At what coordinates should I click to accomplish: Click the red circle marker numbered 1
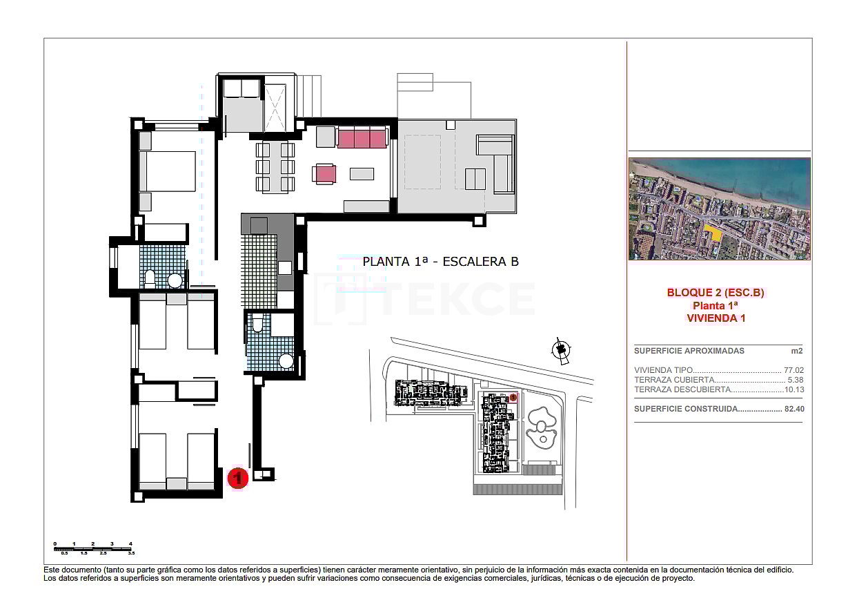(x=238, y=478)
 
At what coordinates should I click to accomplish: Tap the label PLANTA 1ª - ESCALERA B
(x=440, y=262)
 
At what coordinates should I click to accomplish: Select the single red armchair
(x=324, y=173)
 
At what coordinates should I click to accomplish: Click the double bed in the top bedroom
(x=168, y=171)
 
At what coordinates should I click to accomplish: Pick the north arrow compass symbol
(x=562, y=351)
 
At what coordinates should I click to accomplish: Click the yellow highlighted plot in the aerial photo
(x=716, y=233)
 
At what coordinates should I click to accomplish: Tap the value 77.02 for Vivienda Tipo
(x=793, y=370)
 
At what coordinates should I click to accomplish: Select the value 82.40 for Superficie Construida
(x=793, y=409)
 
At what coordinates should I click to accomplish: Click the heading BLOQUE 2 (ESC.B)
(x=716, y=293)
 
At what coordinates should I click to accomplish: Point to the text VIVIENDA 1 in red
(x=716, y=318)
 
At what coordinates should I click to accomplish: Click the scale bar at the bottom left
(x=92, y=548)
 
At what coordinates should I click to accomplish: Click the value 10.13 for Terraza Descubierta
(x=793, y=389)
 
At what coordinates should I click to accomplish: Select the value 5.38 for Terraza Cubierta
(x=795, y=380)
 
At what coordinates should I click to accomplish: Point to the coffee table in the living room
(x=362, y=174)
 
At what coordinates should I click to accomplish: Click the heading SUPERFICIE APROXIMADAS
(x=679, y=351)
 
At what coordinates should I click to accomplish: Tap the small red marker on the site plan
(x=513, y=397)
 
